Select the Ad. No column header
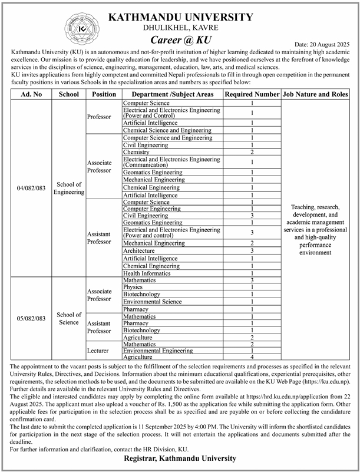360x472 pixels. coord(31,94)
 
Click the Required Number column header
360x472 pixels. coord(252,94)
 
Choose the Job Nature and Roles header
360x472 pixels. coord(315,94)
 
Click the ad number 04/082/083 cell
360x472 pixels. coord(31,188)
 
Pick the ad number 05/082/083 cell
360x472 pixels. coord(31,318)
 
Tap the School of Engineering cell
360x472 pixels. coord(69,188)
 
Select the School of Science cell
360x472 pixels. coord(69,318)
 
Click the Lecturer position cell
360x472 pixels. coord(99,350)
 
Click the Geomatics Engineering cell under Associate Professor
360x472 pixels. coord(153,172)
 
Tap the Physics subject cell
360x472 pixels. coord(133,287)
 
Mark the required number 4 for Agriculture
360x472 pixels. coord(252,357)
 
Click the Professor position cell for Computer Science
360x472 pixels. coord(99,117)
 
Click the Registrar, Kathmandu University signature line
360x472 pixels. coord(180,458)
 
